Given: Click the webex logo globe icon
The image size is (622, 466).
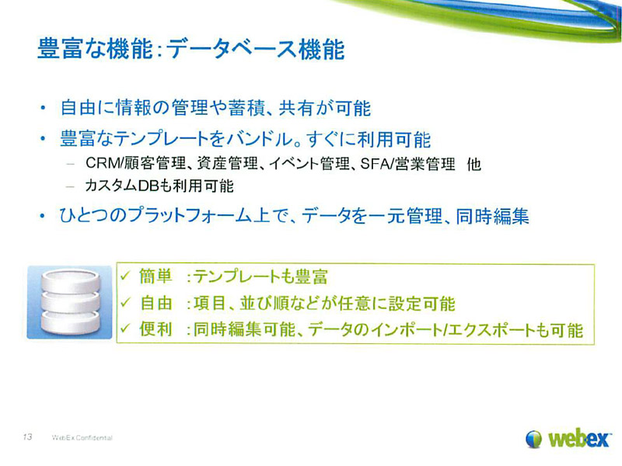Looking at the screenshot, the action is pyautogui.click(x=534, y=439).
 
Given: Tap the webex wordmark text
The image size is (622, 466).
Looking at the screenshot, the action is pyautogui.click(x=578, y=439).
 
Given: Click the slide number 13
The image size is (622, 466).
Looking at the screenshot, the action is pyautogui.click(x=27, y=436).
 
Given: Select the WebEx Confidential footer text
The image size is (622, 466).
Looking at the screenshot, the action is pyautogui.click(x=82, y=438).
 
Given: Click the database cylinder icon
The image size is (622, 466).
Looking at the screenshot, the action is pyautogui.click(x=70, y=302).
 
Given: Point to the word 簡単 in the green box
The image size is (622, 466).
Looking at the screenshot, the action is pyautogui.click(x=155, y=276).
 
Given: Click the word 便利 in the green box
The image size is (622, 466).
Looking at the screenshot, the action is pyautogui.click(x=155, y=329).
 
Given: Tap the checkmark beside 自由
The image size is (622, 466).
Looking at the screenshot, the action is pyautogui.click(x=125, y=303).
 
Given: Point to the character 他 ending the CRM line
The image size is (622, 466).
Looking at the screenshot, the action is pyautogui.click(x=474, y=164).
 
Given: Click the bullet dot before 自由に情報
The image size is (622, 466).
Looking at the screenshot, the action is pyautogui.click(x=43, y=108).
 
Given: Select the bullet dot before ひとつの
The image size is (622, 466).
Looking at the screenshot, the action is pyautogui.click(x=43, y=217).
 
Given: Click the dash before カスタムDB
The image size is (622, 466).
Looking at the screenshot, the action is pyautogui.click(x=71, y=186).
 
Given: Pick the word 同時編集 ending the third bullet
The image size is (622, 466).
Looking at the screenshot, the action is pyautogui.click(x=492, y=217).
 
